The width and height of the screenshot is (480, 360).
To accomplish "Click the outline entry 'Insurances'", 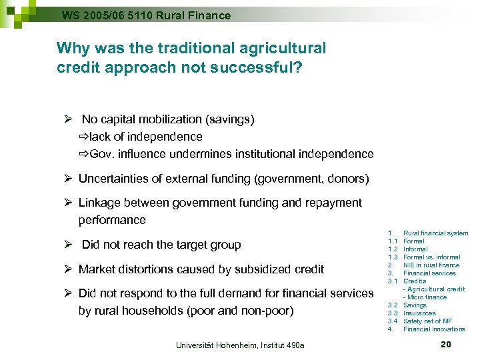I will click(x=419, y=313).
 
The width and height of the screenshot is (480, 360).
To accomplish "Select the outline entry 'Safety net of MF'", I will click(x=427, y=321).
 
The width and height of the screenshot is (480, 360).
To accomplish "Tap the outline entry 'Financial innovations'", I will click(x=434, y=329).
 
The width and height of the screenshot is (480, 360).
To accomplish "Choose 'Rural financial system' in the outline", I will click(x=436, y=233).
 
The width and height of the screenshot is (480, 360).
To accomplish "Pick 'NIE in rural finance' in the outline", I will click(x=431, y=265).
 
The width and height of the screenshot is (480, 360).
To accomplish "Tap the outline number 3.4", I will click(x=393, y=321).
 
